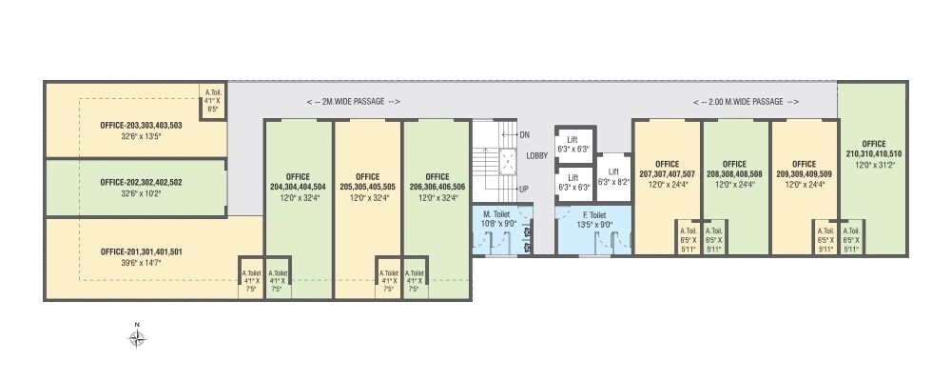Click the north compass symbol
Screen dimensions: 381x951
pos(137,335)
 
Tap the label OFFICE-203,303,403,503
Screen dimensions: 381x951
pos(141,125)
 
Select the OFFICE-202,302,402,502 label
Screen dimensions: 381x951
pos(141,181)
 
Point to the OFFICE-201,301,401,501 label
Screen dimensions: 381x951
pos(141,251)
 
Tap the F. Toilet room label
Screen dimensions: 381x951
pos(594,215)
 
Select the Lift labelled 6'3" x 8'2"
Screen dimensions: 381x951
pos(613,176)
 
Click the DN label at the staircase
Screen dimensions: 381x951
pos(524,135)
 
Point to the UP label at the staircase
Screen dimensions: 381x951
pos(524,189)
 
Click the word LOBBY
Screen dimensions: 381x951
pos(536,155)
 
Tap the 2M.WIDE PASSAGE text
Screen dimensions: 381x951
pos(354,101)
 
